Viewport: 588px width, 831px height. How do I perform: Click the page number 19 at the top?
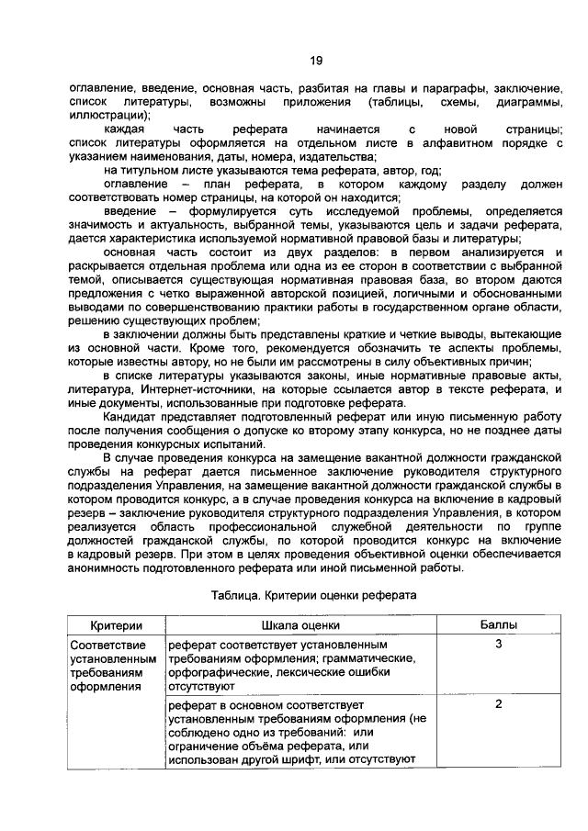(x=315, y=61)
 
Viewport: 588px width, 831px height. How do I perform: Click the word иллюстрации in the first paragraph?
(x=103, y=116)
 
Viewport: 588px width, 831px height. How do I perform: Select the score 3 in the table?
(x=498, y=646)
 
